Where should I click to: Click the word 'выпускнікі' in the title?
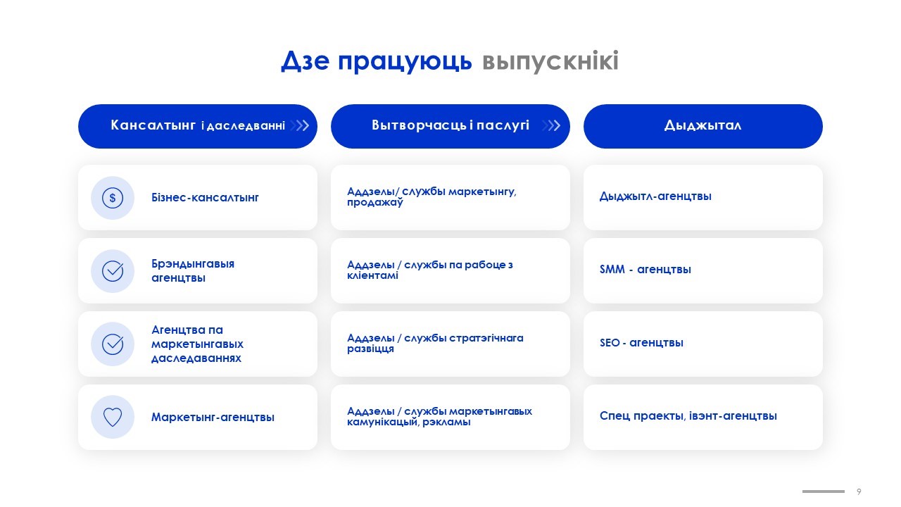point(550,61)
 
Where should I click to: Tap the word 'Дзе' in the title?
point(305,61)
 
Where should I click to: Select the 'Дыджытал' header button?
point(702,126)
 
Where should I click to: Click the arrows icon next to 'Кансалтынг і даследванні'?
point(300,125)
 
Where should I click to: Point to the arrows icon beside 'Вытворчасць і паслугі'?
point(551,125)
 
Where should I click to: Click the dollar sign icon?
point(113,198)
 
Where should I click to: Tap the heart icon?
point(113,417)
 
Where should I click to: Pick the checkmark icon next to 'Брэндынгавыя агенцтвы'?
point(113,271)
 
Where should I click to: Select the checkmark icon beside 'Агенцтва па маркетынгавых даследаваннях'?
point(113,344)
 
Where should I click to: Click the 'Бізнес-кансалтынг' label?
point(205,198)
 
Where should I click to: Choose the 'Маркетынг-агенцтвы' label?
point(213,418)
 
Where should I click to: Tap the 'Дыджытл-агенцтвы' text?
point(655,196)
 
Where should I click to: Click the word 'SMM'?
point(612,269)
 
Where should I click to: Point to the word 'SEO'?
point(610,343)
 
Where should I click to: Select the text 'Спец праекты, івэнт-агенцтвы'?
point(688,415)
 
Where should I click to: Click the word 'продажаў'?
point(375,202)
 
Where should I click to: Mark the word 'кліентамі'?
point(372,275)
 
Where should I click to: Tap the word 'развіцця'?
point(370,349)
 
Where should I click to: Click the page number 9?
point(859,492)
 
